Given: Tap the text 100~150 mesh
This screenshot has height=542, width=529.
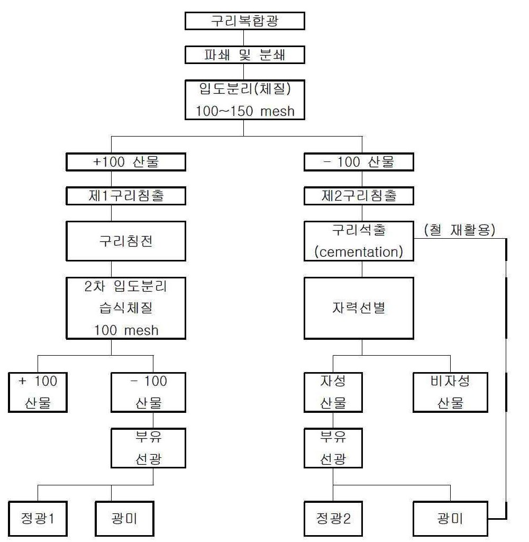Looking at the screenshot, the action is [245, 111].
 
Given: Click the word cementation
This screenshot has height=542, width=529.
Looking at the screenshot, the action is [359, 252].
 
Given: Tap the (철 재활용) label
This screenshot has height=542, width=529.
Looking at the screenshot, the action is [460, 230].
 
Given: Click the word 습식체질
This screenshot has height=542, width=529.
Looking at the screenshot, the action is [126, 308].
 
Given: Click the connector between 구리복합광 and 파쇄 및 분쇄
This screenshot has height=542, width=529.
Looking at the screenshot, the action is [243, 38].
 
